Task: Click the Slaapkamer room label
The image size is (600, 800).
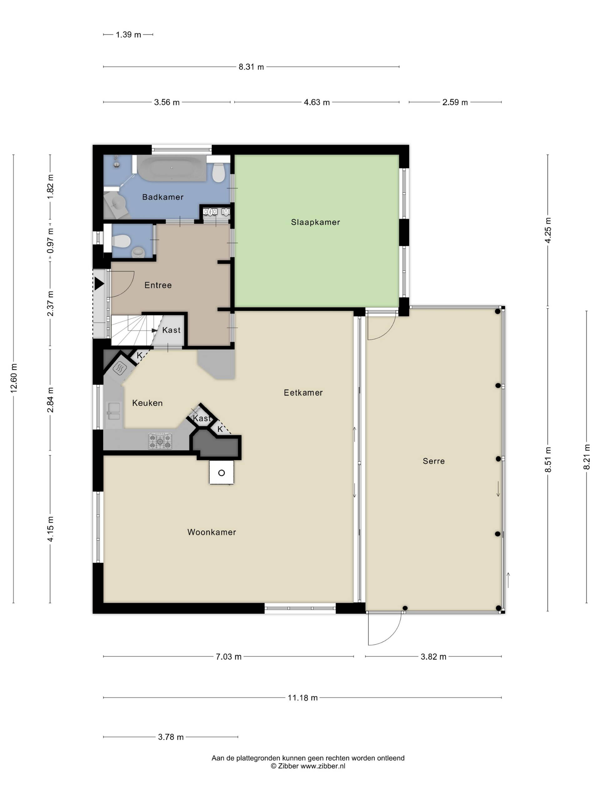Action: (x=315, y=222)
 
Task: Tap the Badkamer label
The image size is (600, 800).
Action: (x=163, y=197)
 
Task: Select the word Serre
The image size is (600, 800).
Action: (x=434, y=461)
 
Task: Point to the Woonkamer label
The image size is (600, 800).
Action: (x=212, y=532)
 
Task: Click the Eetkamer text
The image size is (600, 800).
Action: (x=303, y=392)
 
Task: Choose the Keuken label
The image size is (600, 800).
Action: (x=147, y=403)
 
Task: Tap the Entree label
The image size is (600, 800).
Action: (x=158, y=285)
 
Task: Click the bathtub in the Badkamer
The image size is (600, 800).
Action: (x=172, y=168)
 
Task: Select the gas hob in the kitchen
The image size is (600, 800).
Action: (x=160, y=441)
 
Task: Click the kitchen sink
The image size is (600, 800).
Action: (x=114, y=411)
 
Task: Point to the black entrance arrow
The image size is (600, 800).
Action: (x=99, y=283)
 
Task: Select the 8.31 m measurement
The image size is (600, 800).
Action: (x=251, y=67)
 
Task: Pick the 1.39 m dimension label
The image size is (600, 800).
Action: (x=128, y=35)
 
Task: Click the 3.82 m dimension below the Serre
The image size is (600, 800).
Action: (x=433, y=657)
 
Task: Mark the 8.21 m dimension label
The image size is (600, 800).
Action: (x=587, y=457)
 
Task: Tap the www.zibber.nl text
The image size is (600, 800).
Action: (x=322, y=766)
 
